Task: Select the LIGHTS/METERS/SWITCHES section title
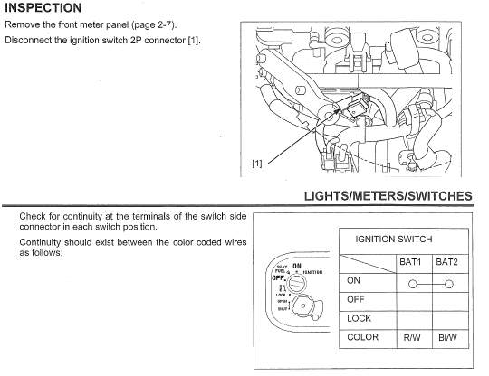[x=388, y=195]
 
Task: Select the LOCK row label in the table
[x=359, y=318]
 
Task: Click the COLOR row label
[x=362, y=337]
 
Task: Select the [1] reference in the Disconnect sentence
[x=191, y=42]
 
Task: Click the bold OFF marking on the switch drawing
[x=279, y=278]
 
